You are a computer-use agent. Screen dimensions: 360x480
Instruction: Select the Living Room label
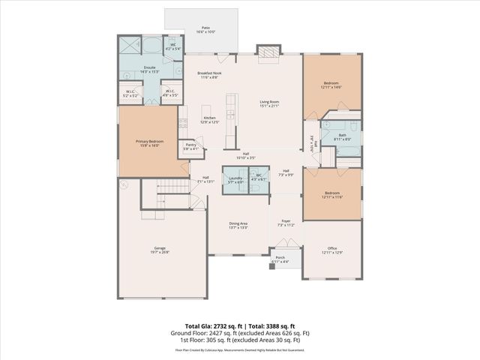tap(269, 103)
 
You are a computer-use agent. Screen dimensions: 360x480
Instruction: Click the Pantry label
tap(190, 147)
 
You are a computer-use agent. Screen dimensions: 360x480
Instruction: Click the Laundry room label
tap(235, 180)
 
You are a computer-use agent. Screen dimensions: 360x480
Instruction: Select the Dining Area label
tap(238, 225)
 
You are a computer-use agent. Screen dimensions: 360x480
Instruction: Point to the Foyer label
tap(286, 223)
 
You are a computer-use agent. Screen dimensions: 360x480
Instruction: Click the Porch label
tap(280, 259)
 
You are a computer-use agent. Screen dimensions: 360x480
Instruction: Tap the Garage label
tap(160, 250)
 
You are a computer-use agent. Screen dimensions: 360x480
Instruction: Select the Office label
tap(331, 250)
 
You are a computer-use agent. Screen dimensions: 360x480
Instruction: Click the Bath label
tap(341, 136)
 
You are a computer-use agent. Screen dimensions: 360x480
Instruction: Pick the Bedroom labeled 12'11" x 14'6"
tap(331, 85)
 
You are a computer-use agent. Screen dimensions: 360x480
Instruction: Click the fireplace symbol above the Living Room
tap(266, 51)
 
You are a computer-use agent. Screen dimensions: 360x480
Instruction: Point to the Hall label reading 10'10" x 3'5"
tap(245, 155)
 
